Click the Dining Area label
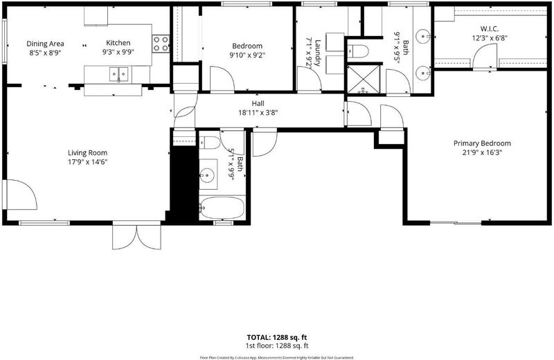coord(45,44)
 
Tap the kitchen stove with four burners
coord(161,44)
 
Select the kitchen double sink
coord(118,75)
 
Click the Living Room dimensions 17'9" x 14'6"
coord(88,162)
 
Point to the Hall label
coord(258,104)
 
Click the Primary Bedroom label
coord(482,143)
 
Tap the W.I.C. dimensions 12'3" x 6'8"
coord(490,38)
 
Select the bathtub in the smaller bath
coord(222,208)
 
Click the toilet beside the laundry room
coord(357,51)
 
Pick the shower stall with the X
coord(364,80)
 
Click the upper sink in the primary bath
coord(422,36)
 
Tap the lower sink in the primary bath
coord(422,73)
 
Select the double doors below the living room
coord(136,237)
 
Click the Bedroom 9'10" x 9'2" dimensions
coord(247,55)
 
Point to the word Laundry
coord(317,53)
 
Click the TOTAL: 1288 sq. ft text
coord(277,337)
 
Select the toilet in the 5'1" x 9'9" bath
coord(211,143)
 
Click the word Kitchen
coord(118,43)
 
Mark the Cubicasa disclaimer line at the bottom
coord(277,357)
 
